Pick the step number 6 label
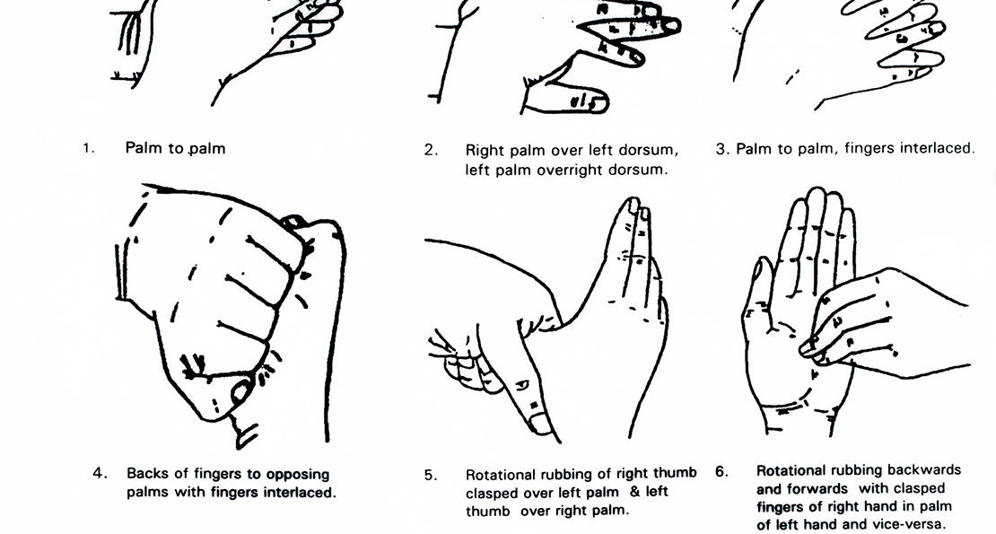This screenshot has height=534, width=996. pyautogui.click(x=721, y=470)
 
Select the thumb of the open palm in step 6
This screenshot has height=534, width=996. pyautogui.click(x=758, y=287)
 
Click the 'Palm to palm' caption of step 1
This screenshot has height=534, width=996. pyautogui.click(x=175, y=149)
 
